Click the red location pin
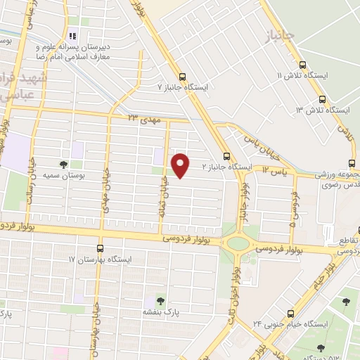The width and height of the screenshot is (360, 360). (x=181, y=165)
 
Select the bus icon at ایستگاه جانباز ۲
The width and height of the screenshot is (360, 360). (x=226, y=157)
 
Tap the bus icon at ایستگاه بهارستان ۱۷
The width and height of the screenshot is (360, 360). (x=100, y=248)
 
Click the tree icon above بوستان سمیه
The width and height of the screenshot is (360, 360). (x=64, y=164)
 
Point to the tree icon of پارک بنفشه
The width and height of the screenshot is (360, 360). (x=161, y=300)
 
